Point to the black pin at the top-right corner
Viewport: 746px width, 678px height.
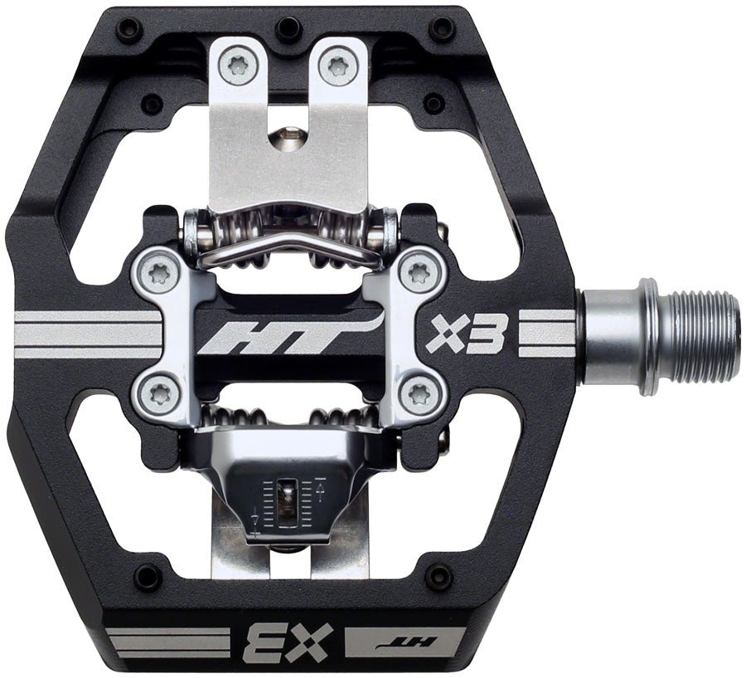pos(444,31)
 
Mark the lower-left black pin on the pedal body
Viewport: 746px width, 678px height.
pos(150,574)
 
